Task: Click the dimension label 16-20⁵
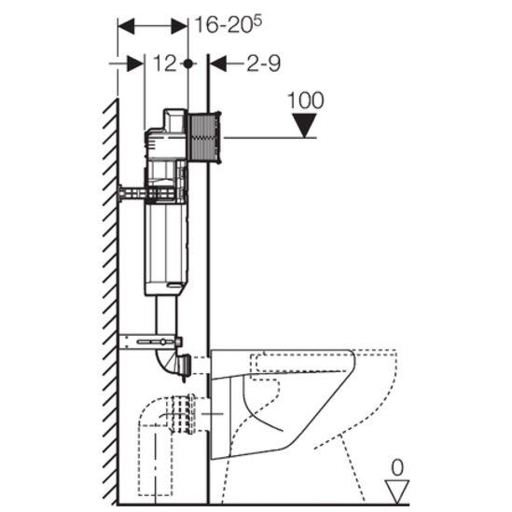228,24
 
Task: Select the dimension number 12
164,63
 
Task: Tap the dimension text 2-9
264,63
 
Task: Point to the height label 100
306,100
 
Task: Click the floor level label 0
397,467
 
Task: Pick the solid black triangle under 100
304,125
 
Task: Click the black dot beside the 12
187,63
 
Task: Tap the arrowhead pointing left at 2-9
218,63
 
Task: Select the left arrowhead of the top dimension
126,26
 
